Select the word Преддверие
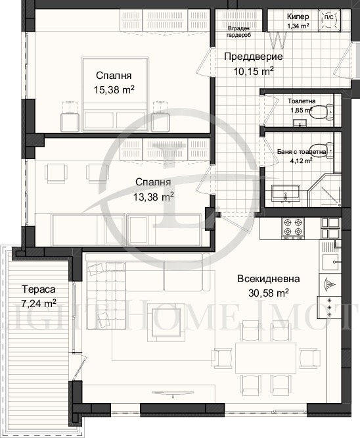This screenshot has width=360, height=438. (x=249, y=57)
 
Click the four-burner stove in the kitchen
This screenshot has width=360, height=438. (x=292, y=228)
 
